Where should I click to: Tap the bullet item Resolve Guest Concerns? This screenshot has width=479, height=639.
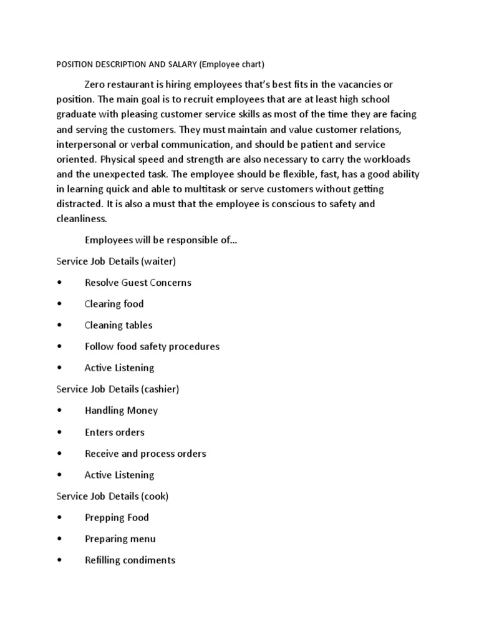coord(138,283)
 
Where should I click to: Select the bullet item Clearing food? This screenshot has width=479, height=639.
coord(114,304)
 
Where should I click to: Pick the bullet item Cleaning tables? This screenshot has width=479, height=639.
coord(119,325)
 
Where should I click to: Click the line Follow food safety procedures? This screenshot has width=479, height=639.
coord(152,346)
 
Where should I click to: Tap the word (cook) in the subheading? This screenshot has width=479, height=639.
coord(155,496)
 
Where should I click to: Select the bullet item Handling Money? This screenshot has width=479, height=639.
coord(121,411)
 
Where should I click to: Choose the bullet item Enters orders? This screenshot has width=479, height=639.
coord(114,432)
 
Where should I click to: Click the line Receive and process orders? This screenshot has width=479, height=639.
coord(145,454)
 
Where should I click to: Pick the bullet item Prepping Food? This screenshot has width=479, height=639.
coord(117,517)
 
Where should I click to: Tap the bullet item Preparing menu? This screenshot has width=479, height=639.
coord(120,539)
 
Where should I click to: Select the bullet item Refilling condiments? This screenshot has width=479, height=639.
coord(130,560)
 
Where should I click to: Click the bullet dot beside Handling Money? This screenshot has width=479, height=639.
coord(59,411)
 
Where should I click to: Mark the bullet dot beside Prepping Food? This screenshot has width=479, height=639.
coord(59,518)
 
